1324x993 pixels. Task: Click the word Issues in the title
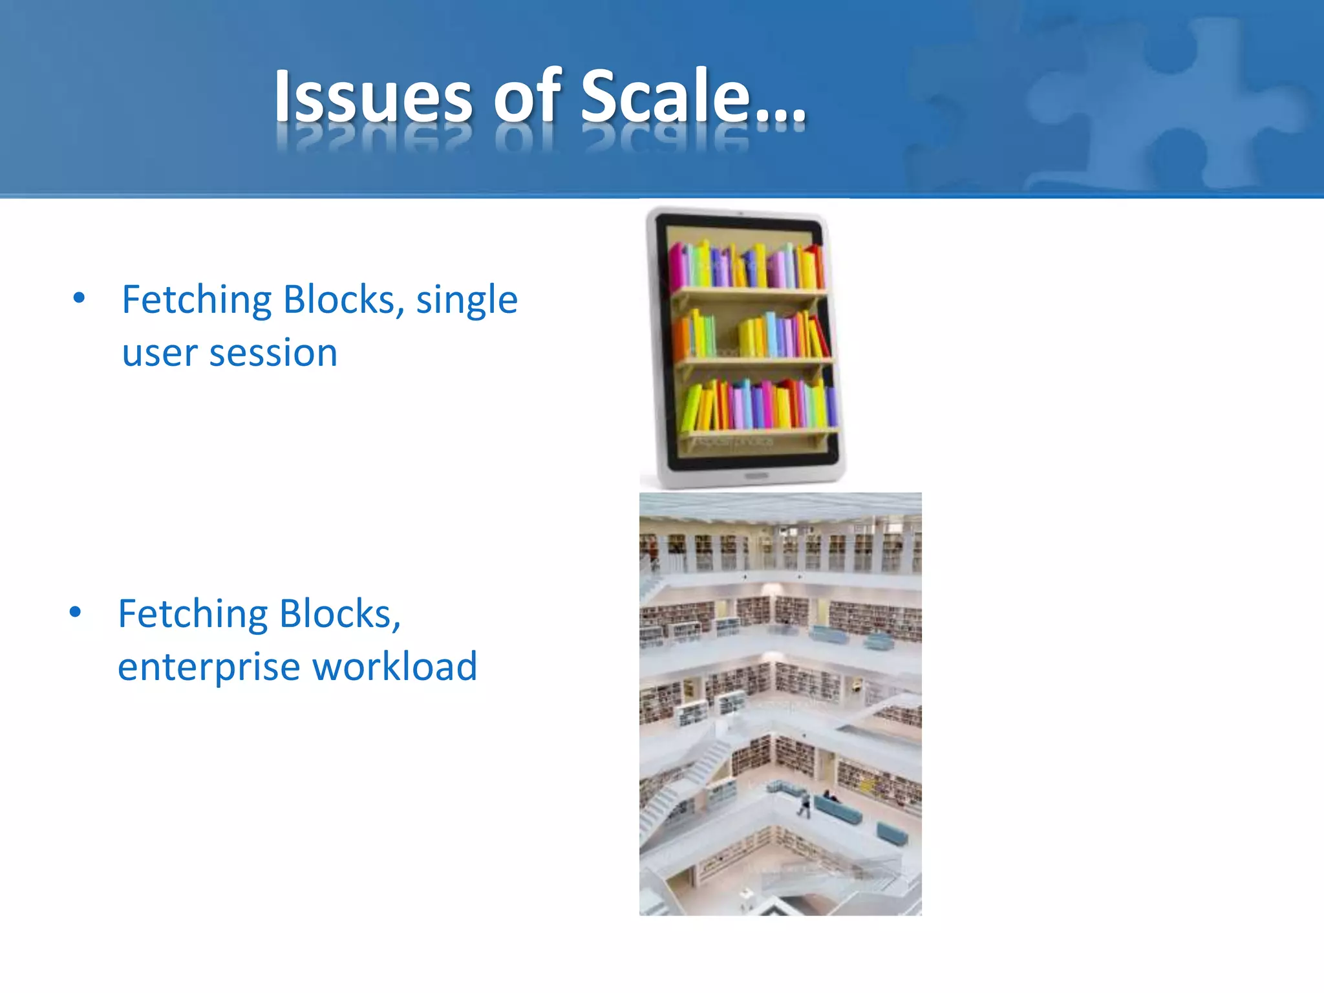coord(373,97)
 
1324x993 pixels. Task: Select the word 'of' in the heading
coord(528,97)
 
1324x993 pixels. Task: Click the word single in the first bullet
coord(467,301)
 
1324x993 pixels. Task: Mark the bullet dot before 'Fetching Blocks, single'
coord(79,298)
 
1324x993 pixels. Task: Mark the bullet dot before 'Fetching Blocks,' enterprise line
coord(76,612)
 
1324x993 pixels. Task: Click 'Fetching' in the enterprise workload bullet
coord(192,614)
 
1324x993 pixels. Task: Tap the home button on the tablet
coord(756,476)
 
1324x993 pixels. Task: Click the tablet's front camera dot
coord(740,213)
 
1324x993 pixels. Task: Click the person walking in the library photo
coord(804,805)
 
